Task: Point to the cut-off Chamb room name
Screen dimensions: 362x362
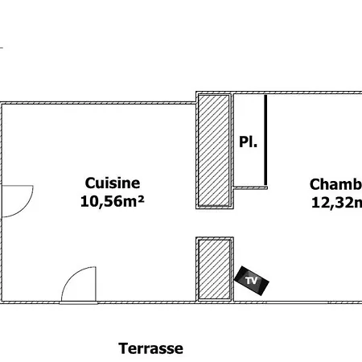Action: click(x=336, y=183)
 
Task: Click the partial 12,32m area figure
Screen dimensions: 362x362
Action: click(x=336, y=202)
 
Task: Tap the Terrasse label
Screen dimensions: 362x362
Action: click(x=151, y=348)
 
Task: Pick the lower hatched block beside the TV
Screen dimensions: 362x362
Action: click(x=214, y=269)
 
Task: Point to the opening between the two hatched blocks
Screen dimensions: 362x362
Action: click(x=214, y=222)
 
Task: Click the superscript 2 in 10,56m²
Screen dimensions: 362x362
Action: click(x=141, y=198)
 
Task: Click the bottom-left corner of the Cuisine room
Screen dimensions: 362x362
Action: click(x=2, y=302)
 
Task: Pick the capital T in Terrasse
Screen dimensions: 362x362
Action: click(x=123, y=348)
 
